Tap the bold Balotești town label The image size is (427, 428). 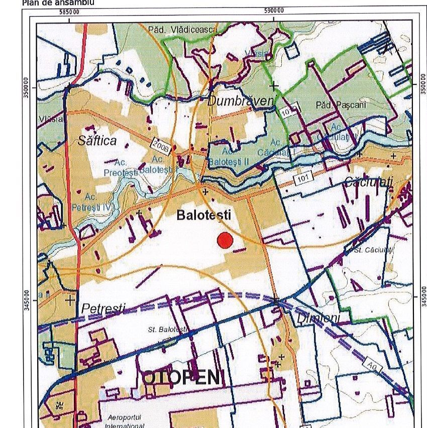click(203, 216)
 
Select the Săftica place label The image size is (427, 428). click(97, 141)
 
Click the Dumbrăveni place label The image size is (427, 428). click(241, 101)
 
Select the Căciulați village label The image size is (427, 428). click(368, 182)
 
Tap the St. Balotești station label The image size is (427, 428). click(167, 330)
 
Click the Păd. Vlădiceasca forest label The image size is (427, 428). click(182, 30)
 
